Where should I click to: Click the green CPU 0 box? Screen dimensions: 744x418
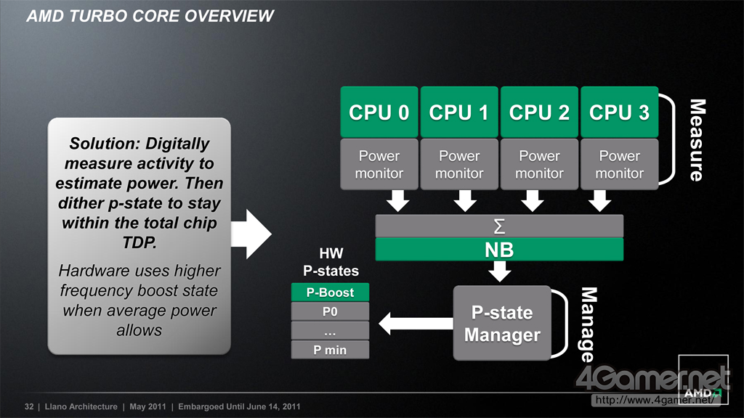(x=379, y=112)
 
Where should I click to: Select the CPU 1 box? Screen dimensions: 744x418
(x=459, y=112)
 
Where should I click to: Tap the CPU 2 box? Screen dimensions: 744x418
(x=540, y=112)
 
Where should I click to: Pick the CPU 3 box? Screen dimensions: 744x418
(x=619, y=112)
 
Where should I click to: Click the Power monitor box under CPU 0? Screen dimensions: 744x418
(x=379, y=164)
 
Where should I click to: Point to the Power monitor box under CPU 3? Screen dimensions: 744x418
(x=619, y=164)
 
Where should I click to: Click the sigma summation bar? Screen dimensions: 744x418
(x=499, y=226)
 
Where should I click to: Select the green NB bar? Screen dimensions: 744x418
(x=499, y=250)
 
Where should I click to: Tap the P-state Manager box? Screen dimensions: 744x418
(x=502, y=323)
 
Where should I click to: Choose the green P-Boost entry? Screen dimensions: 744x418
(x=330, y=292)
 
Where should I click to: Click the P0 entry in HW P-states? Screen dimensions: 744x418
(x=330, y=311)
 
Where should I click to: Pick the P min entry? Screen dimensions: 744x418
(x=330, y=350)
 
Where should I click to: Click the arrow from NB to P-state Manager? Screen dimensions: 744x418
(x=500, y=271)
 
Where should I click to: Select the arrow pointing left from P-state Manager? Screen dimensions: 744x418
(x=416, y=324)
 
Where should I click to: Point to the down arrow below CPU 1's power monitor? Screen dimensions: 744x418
(x=465, y=201)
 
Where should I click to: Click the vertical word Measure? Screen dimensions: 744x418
(x=697, y=140)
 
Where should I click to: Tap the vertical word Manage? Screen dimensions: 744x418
(x=589, y=324)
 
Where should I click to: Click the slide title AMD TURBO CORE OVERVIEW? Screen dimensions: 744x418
(x=150, y=16)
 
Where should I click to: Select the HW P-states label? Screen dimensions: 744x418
(x=331, y=262)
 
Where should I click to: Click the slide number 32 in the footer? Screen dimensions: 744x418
(x=29, y=406)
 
